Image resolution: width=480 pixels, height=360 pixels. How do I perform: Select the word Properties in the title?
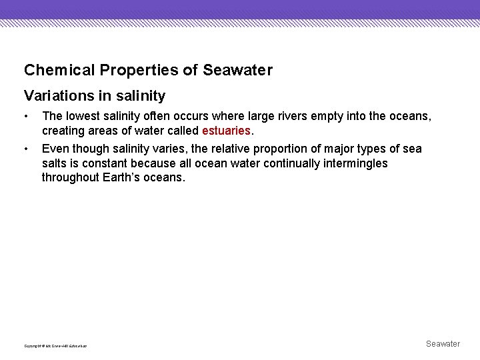click(120, 70)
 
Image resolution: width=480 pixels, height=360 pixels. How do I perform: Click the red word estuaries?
click(226, 131)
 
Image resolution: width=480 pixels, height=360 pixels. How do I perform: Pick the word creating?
click(62, 131)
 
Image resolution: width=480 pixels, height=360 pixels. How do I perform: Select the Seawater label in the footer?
click(443, 344)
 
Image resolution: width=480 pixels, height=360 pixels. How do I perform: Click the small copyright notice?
click(55, 345)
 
